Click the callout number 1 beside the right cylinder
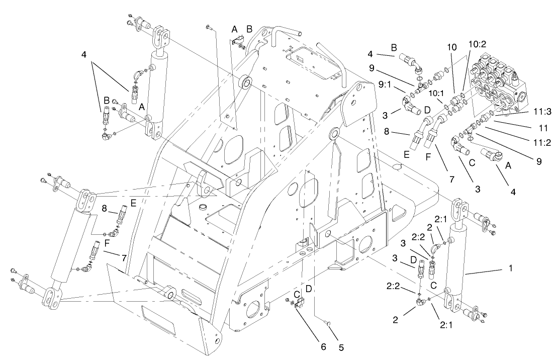pos(511,269)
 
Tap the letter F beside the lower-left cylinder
pos(107,242)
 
